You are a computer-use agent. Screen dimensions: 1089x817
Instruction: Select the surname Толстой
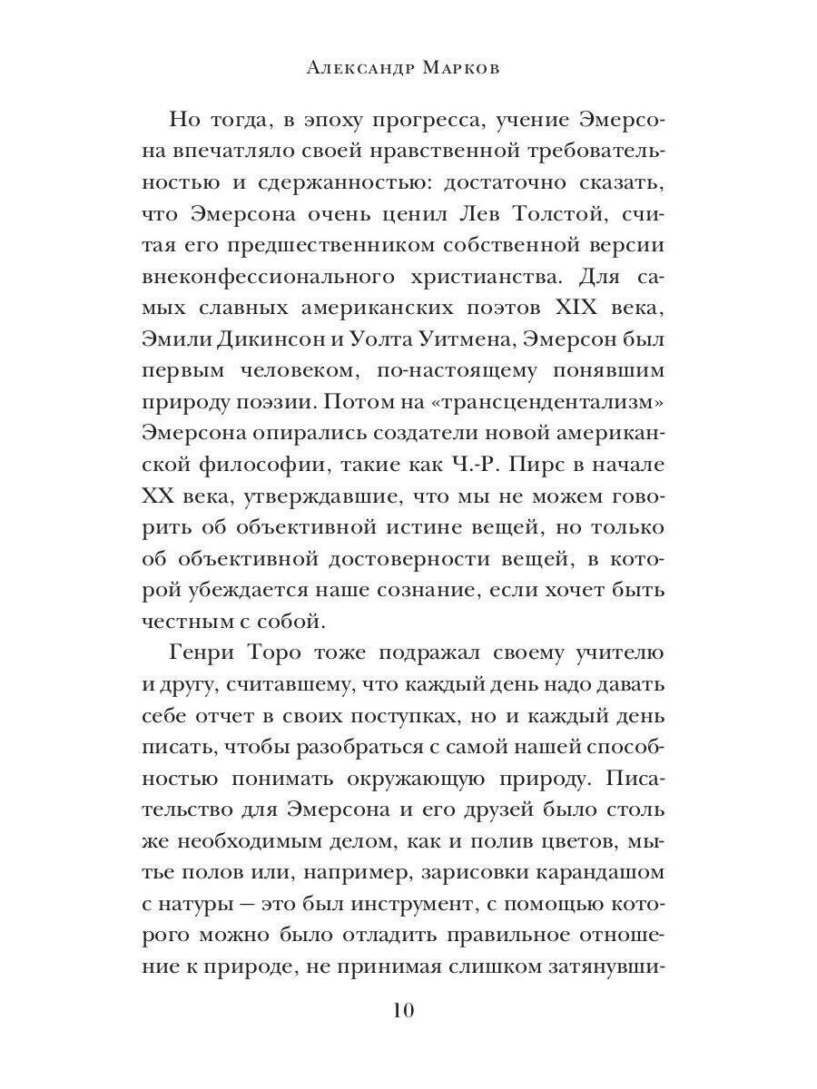point(566,215)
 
